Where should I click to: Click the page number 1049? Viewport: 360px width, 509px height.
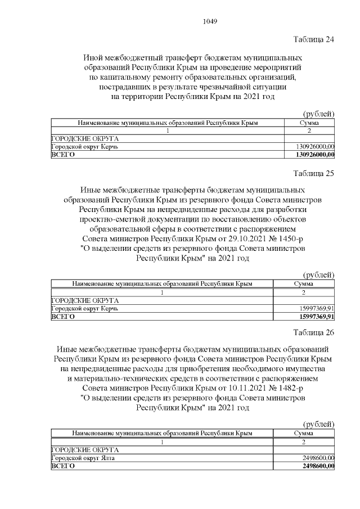click(x=209, y=22)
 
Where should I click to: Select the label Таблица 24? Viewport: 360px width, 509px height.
click(x=314, y=39)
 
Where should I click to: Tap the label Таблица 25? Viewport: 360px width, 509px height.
click(x=314, y=173)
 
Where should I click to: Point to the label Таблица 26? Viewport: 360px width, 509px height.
click(x=314, y=332)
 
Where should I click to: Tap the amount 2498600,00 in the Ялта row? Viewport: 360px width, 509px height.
click(x=318, y=458)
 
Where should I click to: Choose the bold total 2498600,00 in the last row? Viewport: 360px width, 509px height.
click(x=317, y=466)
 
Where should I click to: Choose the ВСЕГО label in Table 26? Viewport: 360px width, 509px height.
click(x=62, y=466)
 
